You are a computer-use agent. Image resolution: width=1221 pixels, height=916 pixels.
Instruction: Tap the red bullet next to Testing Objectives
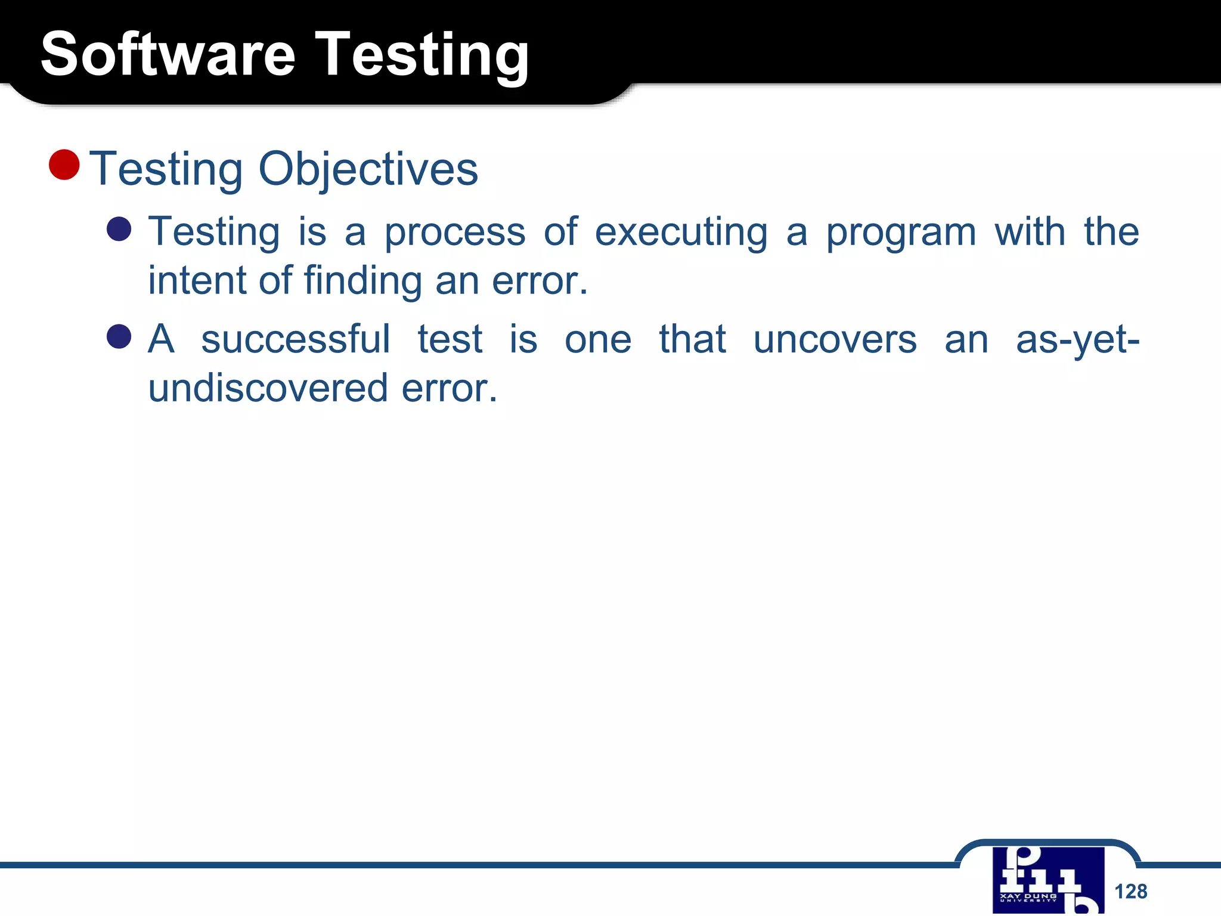64,165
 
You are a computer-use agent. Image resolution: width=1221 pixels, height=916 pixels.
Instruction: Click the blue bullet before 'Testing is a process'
119,229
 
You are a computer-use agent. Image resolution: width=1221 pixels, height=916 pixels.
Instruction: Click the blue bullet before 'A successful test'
119,336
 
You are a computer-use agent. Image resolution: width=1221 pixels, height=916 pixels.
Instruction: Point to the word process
454,233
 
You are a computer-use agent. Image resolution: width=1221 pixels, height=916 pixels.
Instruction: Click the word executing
681,233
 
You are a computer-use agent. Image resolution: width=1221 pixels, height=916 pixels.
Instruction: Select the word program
900,233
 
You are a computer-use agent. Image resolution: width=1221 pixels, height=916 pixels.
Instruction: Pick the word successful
296,340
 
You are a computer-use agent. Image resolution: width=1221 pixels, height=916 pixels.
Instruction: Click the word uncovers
835,340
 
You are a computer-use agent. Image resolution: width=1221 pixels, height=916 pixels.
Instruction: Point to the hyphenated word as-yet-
1077,340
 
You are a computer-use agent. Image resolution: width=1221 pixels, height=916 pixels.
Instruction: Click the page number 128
1130,892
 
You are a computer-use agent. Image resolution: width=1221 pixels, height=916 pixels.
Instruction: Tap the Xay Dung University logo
1048,880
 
